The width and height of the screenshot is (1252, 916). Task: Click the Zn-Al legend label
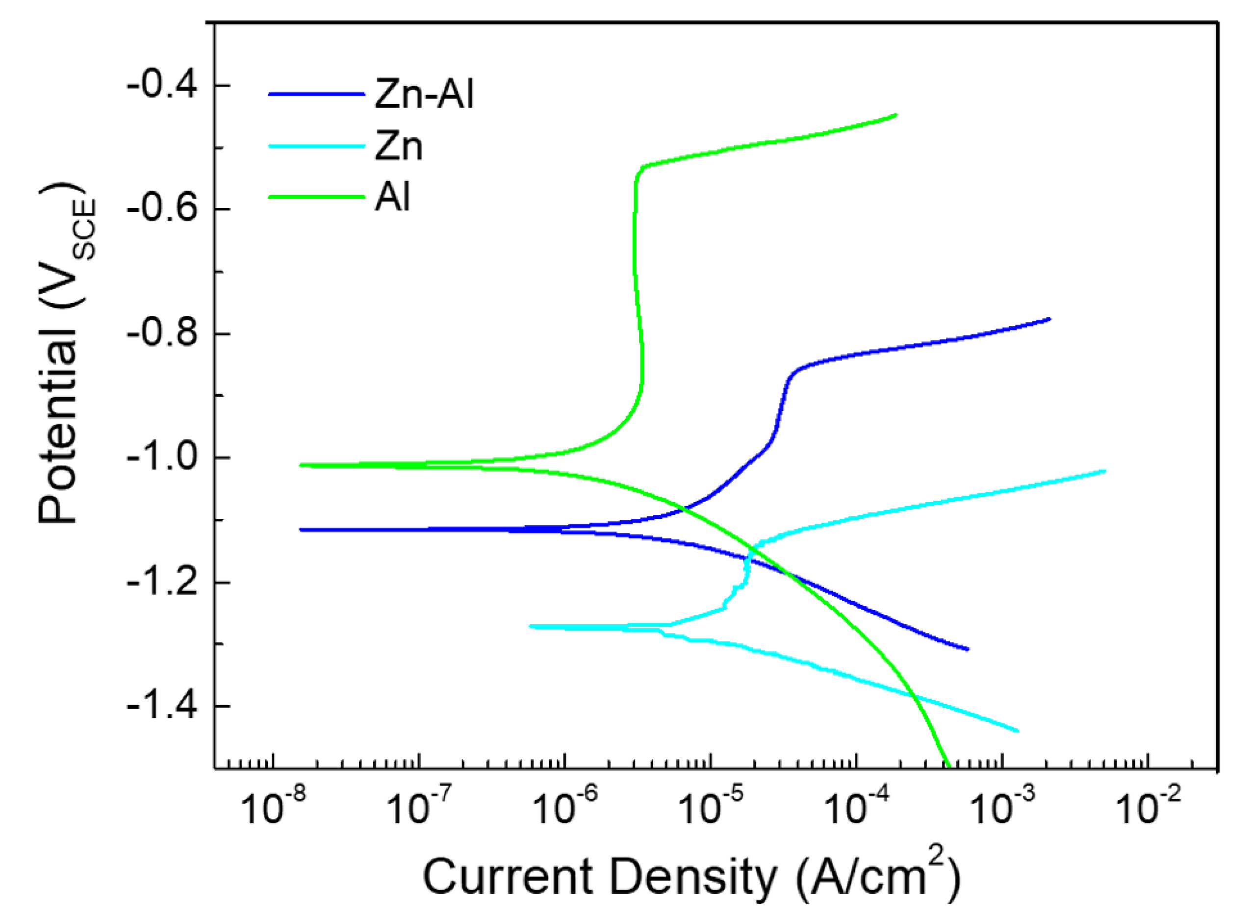click(x=424, y=94)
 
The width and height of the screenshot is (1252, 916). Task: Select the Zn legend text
click(x=398, y=147)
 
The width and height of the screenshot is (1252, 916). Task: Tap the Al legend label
click(x=392, y=197)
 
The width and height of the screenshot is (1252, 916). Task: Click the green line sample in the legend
click(x=316, y=197)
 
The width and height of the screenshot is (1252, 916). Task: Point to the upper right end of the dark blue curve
click(x=1049, y=319)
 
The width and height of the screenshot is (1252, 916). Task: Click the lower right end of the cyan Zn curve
click(x=1018, y=731)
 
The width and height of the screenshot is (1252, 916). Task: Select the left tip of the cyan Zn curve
click(x=531, y=626)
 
